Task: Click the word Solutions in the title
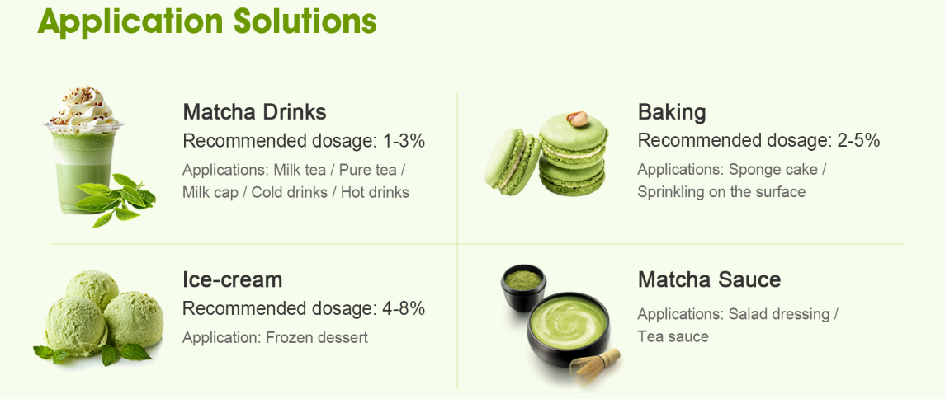point(305,21)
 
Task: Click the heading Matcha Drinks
point(254,112)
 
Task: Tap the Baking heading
point(672,113)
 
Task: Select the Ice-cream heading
point(233,279)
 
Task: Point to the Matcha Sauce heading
point(709,279)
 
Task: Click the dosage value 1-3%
point(404,142)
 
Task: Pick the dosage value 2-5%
point(859,142)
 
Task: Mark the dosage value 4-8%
point(404,309)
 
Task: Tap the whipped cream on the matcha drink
point(84,110)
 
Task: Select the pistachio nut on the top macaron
point(578,119)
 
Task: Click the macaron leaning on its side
point(513,162)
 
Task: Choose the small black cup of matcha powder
point(523,288)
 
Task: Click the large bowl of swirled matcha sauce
point(569,329)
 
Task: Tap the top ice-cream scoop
point(92,289)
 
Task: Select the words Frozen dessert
point(316,337)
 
